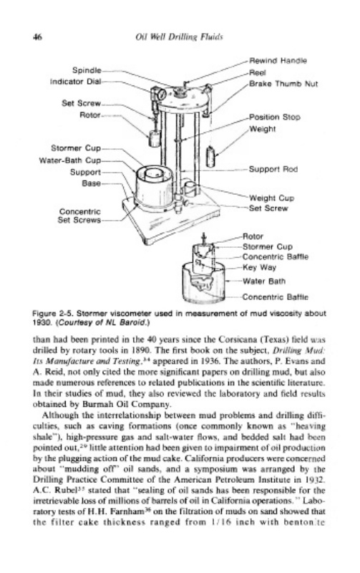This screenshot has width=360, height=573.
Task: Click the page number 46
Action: [37, 37]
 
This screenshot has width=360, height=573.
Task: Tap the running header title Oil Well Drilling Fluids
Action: [179, 37]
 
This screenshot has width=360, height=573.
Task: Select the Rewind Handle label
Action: [278, 60]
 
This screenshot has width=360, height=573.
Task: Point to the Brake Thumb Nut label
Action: [283, 84]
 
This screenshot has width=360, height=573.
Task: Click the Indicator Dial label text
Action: [75, 81]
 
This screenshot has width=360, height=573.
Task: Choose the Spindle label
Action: [87, 69]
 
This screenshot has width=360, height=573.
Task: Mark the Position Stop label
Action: [275, 117]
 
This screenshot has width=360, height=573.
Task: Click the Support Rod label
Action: [273, 169]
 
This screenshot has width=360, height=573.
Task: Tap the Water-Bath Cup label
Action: [69, 160]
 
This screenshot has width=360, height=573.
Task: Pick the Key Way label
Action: [259, 267]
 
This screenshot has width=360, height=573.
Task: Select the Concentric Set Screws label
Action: [79, 216]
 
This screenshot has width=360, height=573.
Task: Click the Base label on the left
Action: [92, 183]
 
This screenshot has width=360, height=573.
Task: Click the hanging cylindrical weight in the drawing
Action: [210, 156]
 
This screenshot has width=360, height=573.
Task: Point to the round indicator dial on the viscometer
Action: [162, 95]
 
